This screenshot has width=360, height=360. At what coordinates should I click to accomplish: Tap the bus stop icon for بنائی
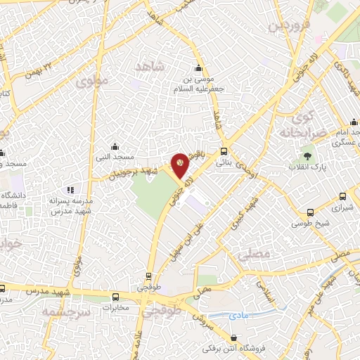pos(224,151)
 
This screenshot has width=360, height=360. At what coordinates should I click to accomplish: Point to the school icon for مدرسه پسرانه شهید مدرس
pos(70,190)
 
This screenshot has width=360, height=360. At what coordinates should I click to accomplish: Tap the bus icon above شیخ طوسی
pos(311,214)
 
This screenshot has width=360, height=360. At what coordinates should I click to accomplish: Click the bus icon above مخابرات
pos(116,297)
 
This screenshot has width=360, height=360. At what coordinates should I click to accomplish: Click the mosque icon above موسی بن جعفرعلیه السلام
pos(198,68)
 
